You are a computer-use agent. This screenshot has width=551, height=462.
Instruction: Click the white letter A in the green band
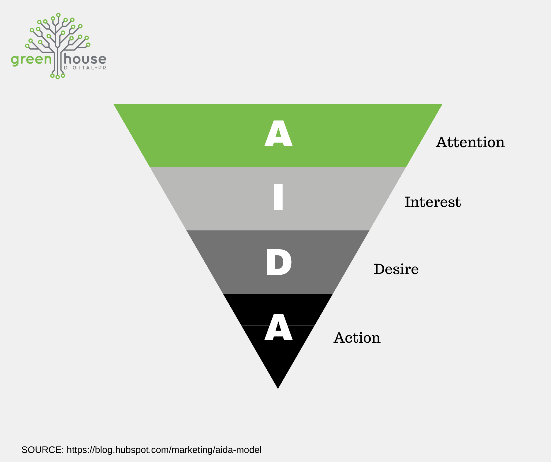click(x=278, y=133)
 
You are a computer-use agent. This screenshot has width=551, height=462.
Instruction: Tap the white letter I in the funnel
click(x=278, y=197)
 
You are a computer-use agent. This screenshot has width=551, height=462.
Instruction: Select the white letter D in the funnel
click(x=279, y=262)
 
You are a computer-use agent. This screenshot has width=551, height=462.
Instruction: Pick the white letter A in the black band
click(x=278, y=327)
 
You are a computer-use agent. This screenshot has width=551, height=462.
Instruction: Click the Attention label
click(x=470, y=142)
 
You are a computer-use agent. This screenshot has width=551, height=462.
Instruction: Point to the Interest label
click(x=433, y=202)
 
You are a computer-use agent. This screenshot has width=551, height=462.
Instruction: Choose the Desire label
click(x=396, y=269)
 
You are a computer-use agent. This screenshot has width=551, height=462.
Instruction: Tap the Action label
click(x=357, y=338)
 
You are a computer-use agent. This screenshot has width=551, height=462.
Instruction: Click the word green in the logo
click(x=31, y=60)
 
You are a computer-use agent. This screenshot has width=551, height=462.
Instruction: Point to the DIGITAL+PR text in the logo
click(x=85, y=68)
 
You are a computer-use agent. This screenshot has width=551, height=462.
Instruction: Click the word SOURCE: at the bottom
click(x=43, y=450)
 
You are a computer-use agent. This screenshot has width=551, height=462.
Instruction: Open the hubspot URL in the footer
click(x=164, y=450)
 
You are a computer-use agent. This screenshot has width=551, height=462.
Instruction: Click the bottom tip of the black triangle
click(x=278, y=389)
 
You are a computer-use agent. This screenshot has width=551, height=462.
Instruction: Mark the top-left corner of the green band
click(x=114, y=104)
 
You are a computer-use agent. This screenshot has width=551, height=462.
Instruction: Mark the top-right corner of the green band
click(x=442, y=104)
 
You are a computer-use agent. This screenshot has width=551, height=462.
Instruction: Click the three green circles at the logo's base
click(x=57, y=76)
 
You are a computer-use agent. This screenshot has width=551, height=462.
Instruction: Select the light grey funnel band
click(x=278, y=199)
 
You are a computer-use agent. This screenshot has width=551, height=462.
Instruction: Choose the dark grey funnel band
click(x=278, y=262)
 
